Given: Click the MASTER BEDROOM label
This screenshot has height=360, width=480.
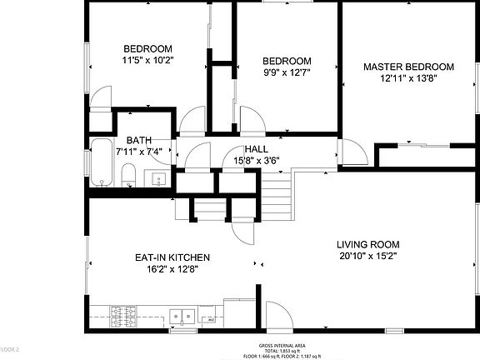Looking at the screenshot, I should tap(408, 67).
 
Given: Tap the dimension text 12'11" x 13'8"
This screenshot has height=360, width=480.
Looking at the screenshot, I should tap(408, 78).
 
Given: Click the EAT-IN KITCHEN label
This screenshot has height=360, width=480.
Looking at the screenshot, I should tap(172, 257).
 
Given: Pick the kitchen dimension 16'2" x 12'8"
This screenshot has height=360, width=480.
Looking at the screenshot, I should tap(172, 268).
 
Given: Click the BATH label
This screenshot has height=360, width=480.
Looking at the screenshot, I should tap(138, 140).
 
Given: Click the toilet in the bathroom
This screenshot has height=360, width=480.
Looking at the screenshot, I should tap(128, 176).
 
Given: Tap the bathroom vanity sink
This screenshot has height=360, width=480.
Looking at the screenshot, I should tap(158, 178).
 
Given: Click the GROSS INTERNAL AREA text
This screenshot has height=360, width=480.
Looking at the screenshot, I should tap(282, 344).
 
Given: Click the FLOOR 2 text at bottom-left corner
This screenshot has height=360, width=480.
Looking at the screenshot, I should tap(9, 347).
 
